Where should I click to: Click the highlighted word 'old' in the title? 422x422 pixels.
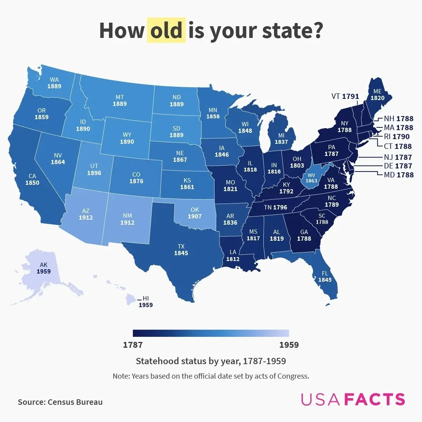[x=166, y=30]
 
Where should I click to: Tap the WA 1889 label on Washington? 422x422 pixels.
[x=54, y=83]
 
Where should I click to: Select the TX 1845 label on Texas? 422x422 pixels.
[x=181, y=250]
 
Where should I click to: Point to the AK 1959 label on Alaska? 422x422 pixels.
[x=43, y=268]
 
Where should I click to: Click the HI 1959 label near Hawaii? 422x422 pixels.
[x=146, y=302]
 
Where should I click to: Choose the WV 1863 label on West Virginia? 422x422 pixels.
[x=311, y=177]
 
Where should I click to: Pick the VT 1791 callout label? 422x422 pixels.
[x=345, y=96]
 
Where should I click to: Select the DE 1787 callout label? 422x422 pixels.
[x=398, y=166]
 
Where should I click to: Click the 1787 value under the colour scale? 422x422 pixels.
[x=133, y=345]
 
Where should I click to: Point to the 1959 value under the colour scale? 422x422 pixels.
[x=289, y=345]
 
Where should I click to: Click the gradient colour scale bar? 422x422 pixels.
[x=211, y=333]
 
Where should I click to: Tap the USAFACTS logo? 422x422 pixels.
[x=353, y=399]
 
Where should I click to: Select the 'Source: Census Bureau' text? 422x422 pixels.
[x=60, y=402]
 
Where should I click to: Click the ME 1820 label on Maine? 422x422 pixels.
[x=377, y=95]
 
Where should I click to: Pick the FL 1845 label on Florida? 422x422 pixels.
[x=325, y=277]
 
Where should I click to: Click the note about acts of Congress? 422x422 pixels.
[x=211, y=376]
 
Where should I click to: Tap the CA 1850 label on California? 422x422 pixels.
[x=32, y=179]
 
